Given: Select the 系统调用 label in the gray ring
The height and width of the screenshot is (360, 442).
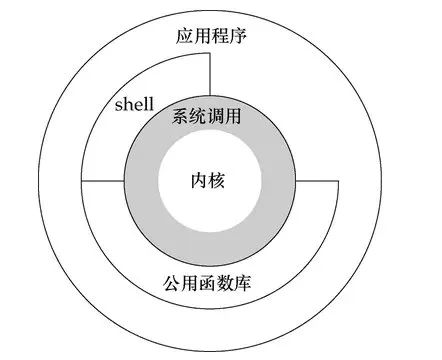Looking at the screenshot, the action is click(x=210, y=116).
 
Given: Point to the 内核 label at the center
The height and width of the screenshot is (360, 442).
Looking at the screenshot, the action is click(x=210, y=181).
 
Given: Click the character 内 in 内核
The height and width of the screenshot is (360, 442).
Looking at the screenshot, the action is click(x=200, y=181).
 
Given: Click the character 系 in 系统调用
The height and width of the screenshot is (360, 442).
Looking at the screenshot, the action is click(x=183, y=116).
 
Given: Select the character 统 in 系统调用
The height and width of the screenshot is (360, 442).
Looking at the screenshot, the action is click(x=201, y=116).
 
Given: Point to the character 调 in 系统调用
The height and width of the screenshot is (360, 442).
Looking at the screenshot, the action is click(x=220, y=116).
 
